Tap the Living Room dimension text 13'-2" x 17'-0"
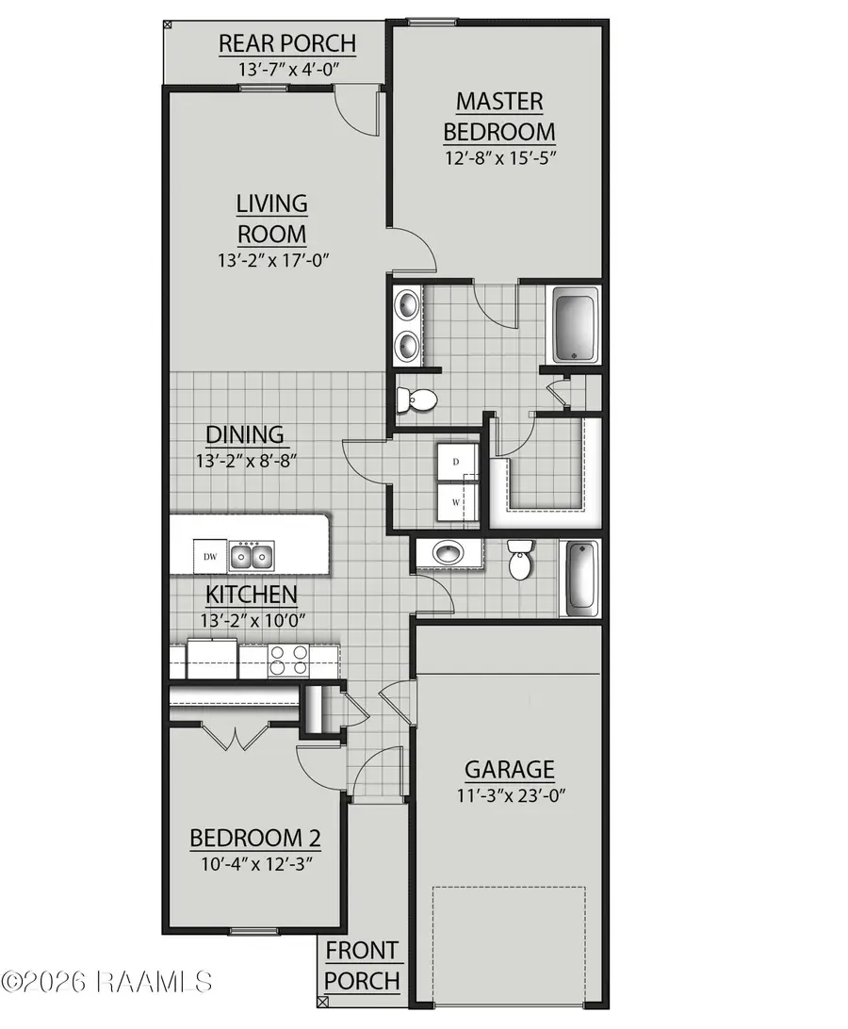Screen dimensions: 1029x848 point(272,259)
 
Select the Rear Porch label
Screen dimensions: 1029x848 point(273,43)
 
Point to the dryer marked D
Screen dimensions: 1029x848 point(457,462)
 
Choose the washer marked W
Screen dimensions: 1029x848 point(457,502)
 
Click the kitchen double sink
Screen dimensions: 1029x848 point(252,557)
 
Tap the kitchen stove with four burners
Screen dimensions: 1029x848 point(289,660)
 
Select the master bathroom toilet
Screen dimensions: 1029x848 point(416,400)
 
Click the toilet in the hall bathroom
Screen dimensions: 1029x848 point(520,562)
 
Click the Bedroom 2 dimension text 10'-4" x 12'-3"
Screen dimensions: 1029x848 point(255,861)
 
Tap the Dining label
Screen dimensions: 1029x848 point(245,434)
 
